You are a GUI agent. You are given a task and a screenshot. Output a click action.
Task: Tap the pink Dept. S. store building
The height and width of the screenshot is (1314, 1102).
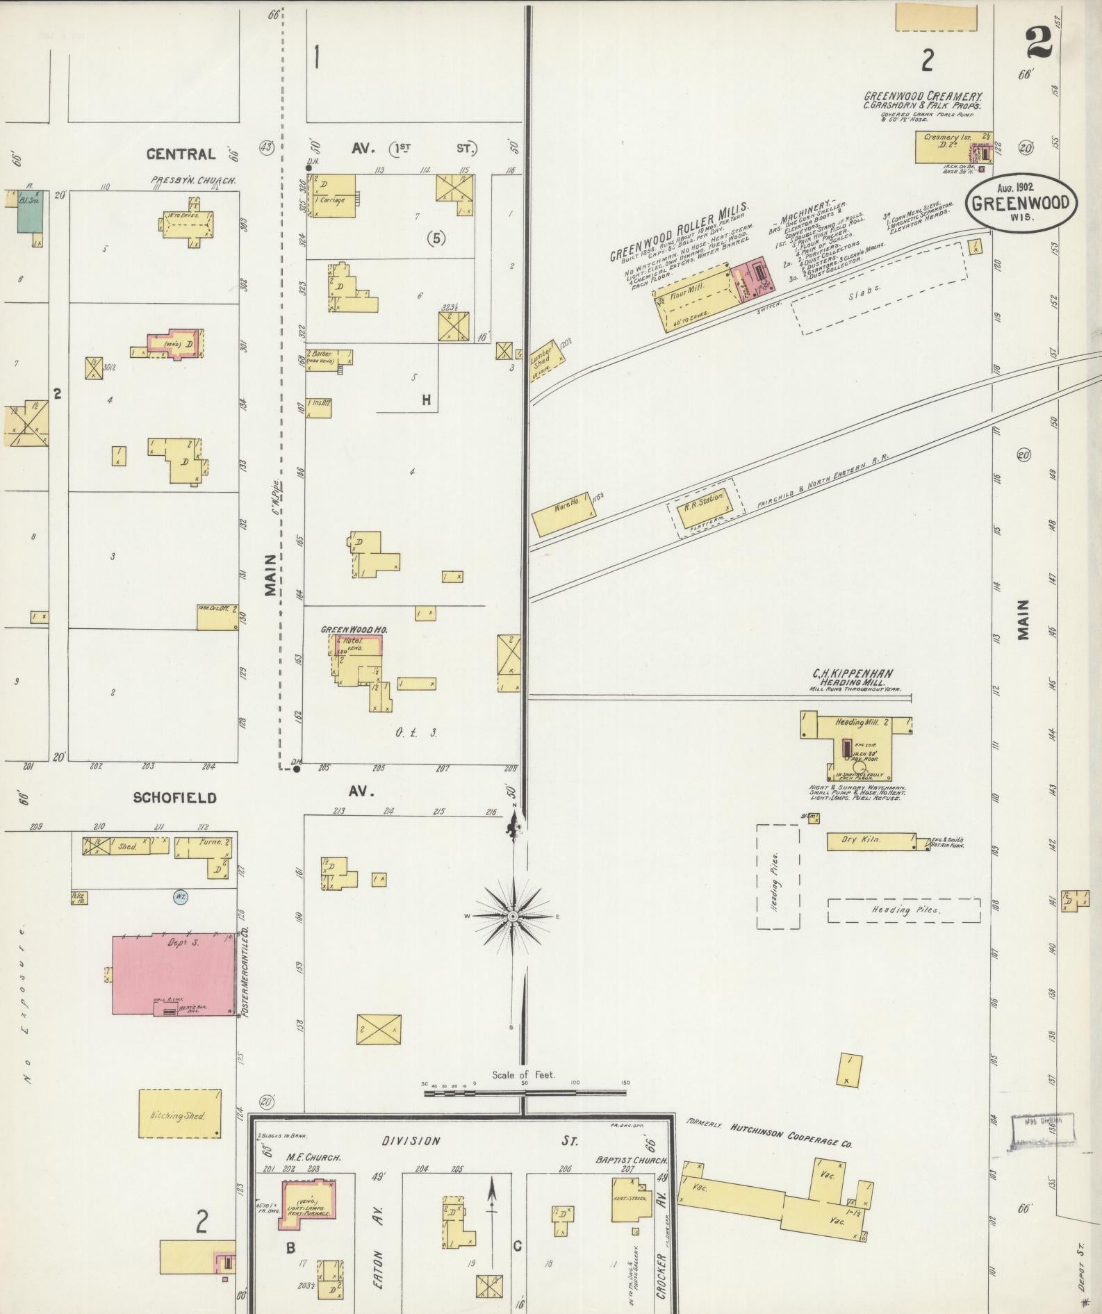pyautogui.click(x=174, y=975)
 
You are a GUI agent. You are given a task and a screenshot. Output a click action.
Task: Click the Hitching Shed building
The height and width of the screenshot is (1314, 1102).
pyautogui.click(x=179, y=1114)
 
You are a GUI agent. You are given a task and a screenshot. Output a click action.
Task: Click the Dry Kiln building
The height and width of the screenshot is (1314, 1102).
pyautogui.click(x=870, y=841)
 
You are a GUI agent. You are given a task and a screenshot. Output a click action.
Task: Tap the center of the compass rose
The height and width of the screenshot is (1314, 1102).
pyautogui.click(x=513, y=916)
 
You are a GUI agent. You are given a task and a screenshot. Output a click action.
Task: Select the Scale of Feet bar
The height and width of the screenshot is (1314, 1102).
pyautogui.click(x=526, y=1093)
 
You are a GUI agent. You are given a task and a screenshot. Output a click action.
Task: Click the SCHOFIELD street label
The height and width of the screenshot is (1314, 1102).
pyautogui.click(x=174, y=798)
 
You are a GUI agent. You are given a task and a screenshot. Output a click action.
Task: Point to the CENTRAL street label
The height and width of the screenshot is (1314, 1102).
pyautogui.click(x=181, y=154)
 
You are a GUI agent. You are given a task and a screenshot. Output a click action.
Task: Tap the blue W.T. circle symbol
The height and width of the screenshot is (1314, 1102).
pyautogui.click(x=180, y=896)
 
